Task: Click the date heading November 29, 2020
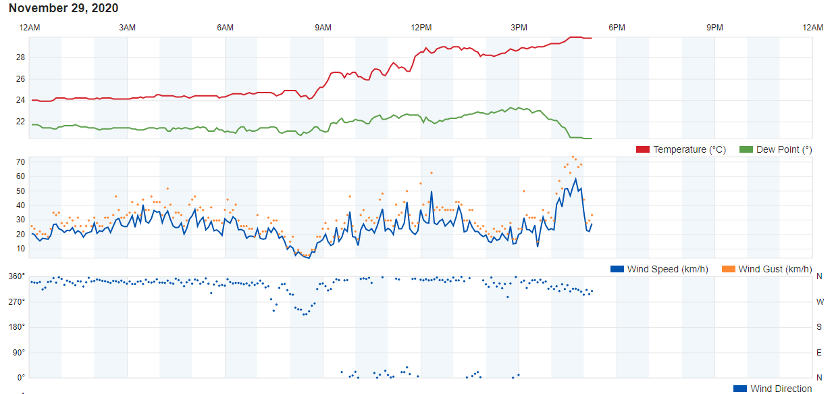[x=63, y=8]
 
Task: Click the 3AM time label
[x=127, y=28]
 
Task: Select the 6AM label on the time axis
[x=225, y=28]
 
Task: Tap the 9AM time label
[x=323, y=28]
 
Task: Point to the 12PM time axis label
[x=421, y=28]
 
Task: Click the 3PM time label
[x=519, y=28]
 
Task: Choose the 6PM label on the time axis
[x=617, y=28]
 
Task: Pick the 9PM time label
[x=714, y=28]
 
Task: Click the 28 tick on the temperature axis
[x=20, y=57]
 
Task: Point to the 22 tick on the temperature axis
[x=20, y=122]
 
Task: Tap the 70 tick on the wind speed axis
[x=20, y=162]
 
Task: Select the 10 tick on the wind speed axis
[x=20, y=249]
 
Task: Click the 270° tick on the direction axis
[x=17, y=301]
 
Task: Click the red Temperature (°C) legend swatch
[x=642, y=149]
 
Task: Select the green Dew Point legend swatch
[x=746, y=149]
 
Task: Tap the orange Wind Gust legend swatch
[x=728, y=269]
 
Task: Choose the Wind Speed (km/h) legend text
[x=667, y=269]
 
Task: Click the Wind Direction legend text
[x=781, y=389]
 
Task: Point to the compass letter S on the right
[x=819, y=327]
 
